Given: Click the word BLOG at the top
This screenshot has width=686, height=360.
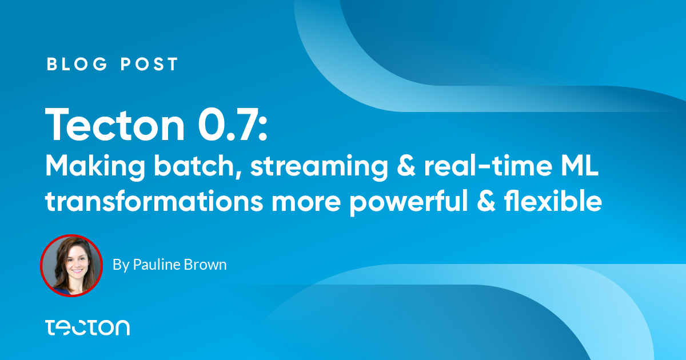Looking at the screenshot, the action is coord(77,64).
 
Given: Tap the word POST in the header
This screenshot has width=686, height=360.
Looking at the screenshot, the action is coord(149,64).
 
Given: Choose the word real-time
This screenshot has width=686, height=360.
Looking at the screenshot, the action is coord(488,166).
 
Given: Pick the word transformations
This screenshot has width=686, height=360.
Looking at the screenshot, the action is coord(154,201).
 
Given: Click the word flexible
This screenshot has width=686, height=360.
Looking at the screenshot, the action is coord(553,201).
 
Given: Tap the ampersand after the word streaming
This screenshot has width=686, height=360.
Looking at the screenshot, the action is coord(406,166).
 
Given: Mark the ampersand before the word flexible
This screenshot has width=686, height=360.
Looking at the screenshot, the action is coord(486,201).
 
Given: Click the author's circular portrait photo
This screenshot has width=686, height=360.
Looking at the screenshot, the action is coord(71,266).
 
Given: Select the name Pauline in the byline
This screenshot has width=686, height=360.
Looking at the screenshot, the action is coord(156,265).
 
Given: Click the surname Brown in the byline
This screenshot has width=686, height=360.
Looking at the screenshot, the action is coord(205,265).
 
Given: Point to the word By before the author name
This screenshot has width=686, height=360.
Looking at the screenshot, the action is coord(121,265).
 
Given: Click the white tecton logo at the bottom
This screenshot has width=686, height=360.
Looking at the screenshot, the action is coord(87,327).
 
